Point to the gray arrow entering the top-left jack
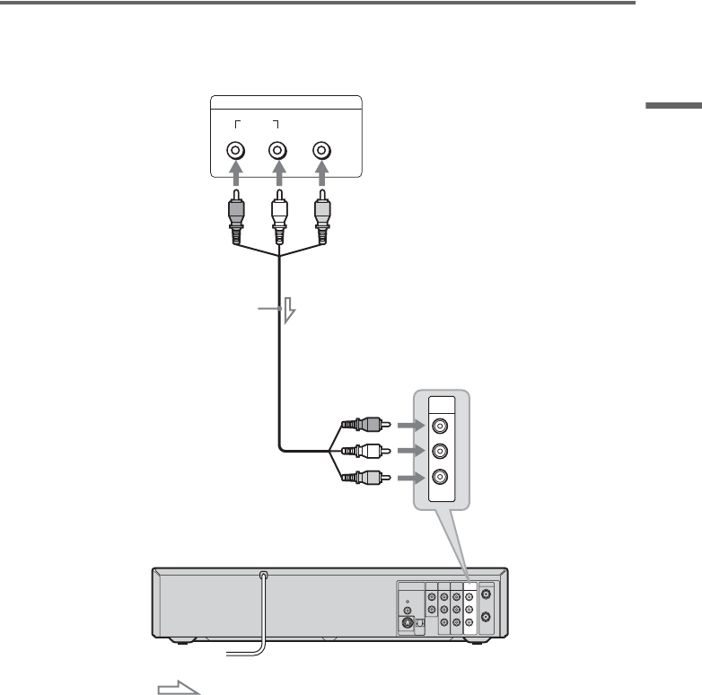236,179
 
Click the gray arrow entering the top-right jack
320,179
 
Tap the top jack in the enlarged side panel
441,427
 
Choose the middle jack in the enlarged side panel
441,452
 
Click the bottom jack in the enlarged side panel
441,476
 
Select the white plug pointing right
363,452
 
